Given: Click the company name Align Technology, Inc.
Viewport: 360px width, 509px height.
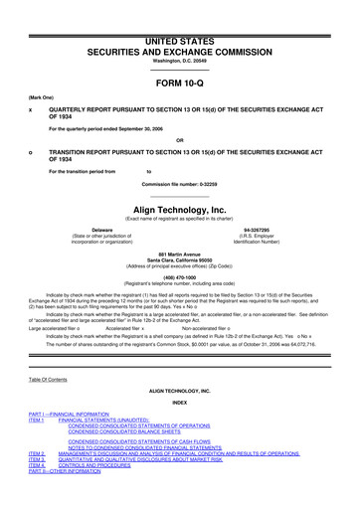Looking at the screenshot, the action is click(179, 210).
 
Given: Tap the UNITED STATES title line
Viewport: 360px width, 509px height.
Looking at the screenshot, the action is click(179, 9).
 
